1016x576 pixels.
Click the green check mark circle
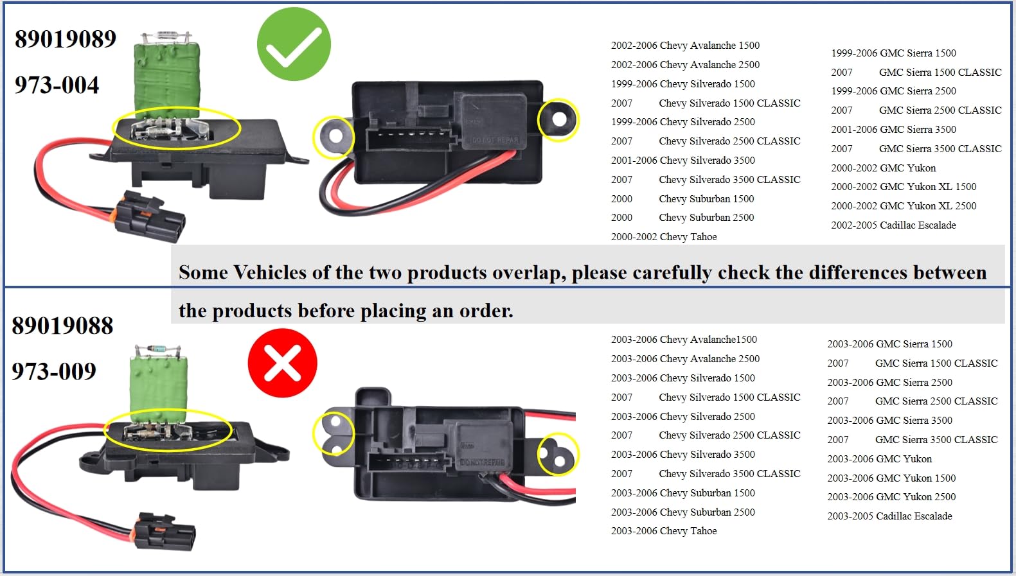[x=294, y=44]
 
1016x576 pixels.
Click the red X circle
[x=282, y=363]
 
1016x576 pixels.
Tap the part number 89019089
[x=66, y=39]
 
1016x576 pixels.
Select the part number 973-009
[x=54, y=371]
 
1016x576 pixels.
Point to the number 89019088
[x=62, y=326]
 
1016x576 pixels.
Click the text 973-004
[x=57, y=85]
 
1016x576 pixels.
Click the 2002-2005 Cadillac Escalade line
[x=893, y=225]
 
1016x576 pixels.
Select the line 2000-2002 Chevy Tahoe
[x=663, y=237]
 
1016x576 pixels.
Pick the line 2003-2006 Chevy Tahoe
[x=663, y=531]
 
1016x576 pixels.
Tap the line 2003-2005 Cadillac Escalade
[x=889, y=516]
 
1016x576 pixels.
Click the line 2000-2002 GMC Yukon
[x=883, y=168]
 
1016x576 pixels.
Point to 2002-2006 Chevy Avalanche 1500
[x=685, y=46]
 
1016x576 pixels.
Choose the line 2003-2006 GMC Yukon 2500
[x=891, y=497]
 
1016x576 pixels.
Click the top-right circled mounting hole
[x=558, y=119]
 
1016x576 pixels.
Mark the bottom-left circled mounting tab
[x=334, y=433]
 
